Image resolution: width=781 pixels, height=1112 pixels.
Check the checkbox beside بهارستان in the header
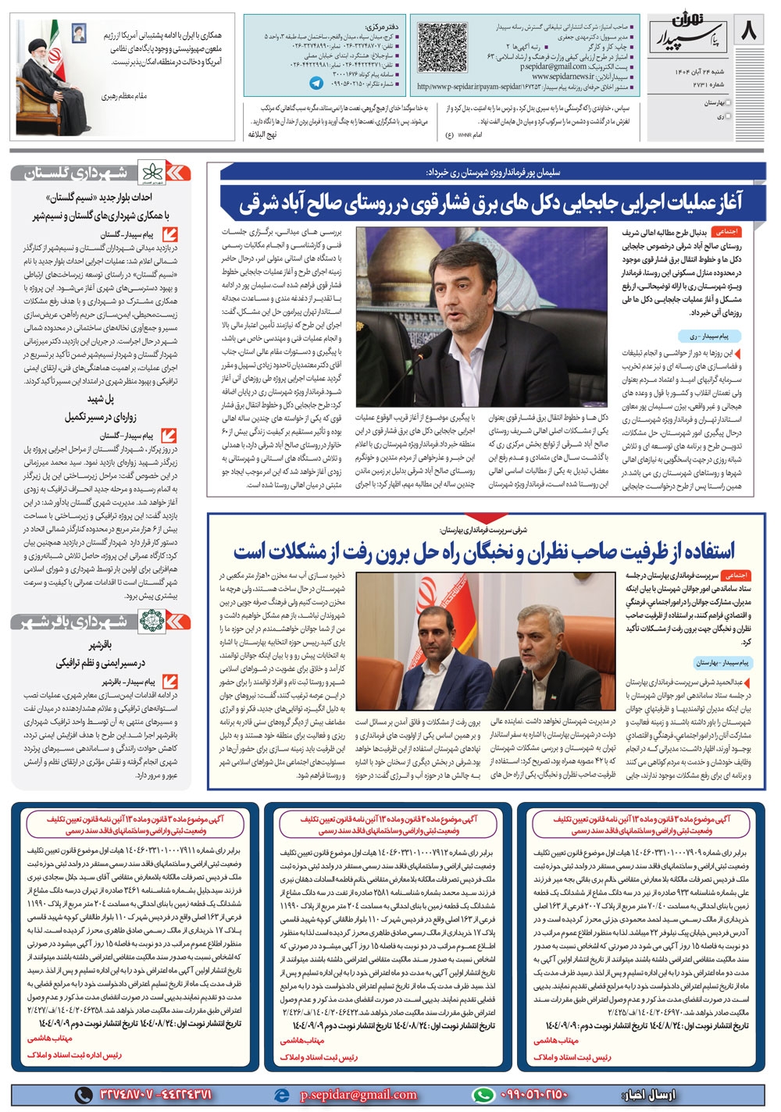(729, 102)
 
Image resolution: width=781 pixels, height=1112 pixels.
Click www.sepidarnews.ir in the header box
(562, 77)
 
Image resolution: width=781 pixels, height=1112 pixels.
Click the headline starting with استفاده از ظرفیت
(484, 551)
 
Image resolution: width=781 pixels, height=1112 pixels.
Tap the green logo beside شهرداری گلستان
(151, 173)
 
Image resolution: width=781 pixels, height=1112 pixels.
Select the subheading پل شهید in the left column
(101, 398)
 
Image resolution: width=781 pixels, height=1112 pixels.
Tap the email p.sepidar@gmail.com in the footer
(358, 1094)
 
